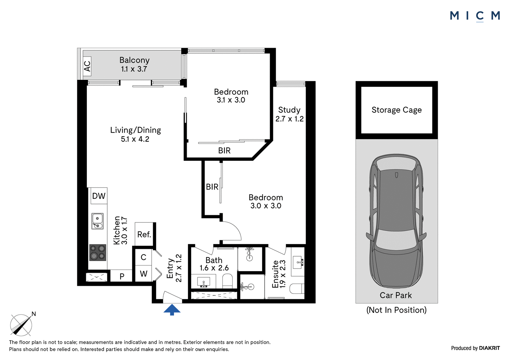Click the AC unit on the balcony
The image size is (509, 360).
87,66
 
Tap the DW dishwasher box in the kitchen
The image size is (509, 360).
99,196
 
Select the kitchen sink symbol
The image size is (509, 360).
97,221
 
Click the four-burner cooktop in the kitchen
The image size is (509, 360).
98,253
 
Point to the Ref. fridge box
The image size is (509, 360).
144,234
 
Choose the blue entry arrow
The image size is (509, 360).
172,309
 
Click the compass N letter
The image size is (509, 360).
34,314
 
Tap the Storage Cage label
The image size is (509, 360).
396,110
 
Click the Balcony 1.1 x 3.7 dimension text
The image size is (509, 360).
134,69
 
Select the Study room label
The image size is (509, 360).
289,110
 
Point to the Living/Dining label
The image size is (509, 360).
136,130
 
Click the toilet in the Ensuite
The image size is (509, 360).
297,288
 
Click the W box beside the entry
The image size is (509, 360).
143,274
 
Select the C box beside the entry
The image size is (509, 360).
143,257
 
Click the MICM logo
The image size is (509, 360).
475,16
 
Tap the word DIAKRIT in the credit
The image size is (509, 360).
489,348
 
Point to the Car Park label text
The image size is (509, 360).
396,295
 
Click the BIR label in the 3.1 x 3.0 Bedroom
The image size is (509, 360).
224,151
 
